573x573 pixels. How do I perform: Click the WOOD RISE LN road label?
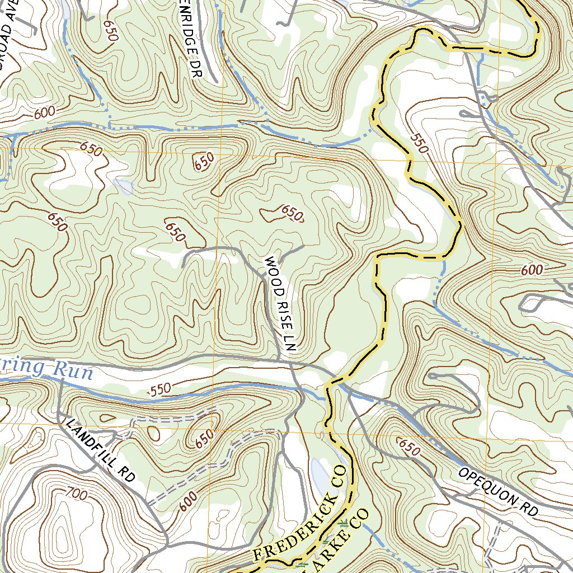(279, 304)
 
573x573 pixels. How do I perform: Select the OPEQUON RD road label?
(497, 491)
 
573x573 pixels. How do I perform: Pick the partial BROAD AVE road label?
(12, 36)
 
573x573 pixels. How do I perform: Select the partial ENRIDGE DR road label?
(193, 39)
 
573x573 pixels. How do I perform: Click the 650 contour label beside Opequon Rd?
(408, 446)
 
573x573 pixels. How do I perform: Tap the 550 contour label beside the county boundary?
(419, 143)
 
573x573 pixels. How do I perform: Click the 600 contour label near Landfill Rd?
(189, 501)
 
